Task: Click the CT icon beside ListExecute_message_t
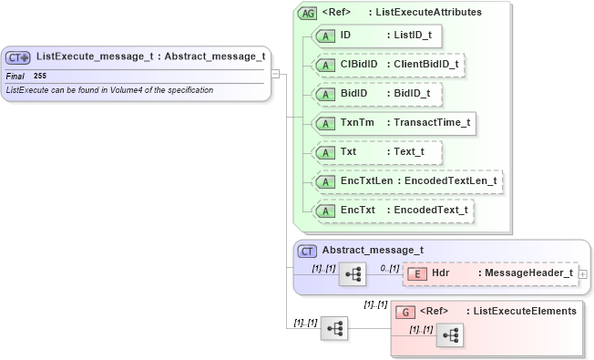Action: click(x=20, y=57)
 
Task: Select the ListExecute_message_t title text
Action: click(x=151, y=57)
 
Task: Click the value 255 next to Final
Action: click(x=40, y=76)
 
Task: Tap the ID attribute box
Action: click(x=379, y=36)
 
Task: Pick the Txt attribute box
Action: click(x=377, y=151)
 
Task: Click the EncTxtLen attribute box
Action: click(x=408, y=181)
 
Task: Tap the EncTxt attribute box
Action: click(x=394, y=211)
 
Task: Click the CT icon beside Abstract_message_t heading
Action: click(x=307, y=251)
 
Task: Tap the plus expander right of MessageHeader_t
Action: click(x=583, y=273)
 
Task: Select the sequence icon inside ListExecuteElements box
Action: click(x=450, y=335)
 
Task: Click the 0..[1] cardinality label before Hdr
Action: click(x=389, y=268)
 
